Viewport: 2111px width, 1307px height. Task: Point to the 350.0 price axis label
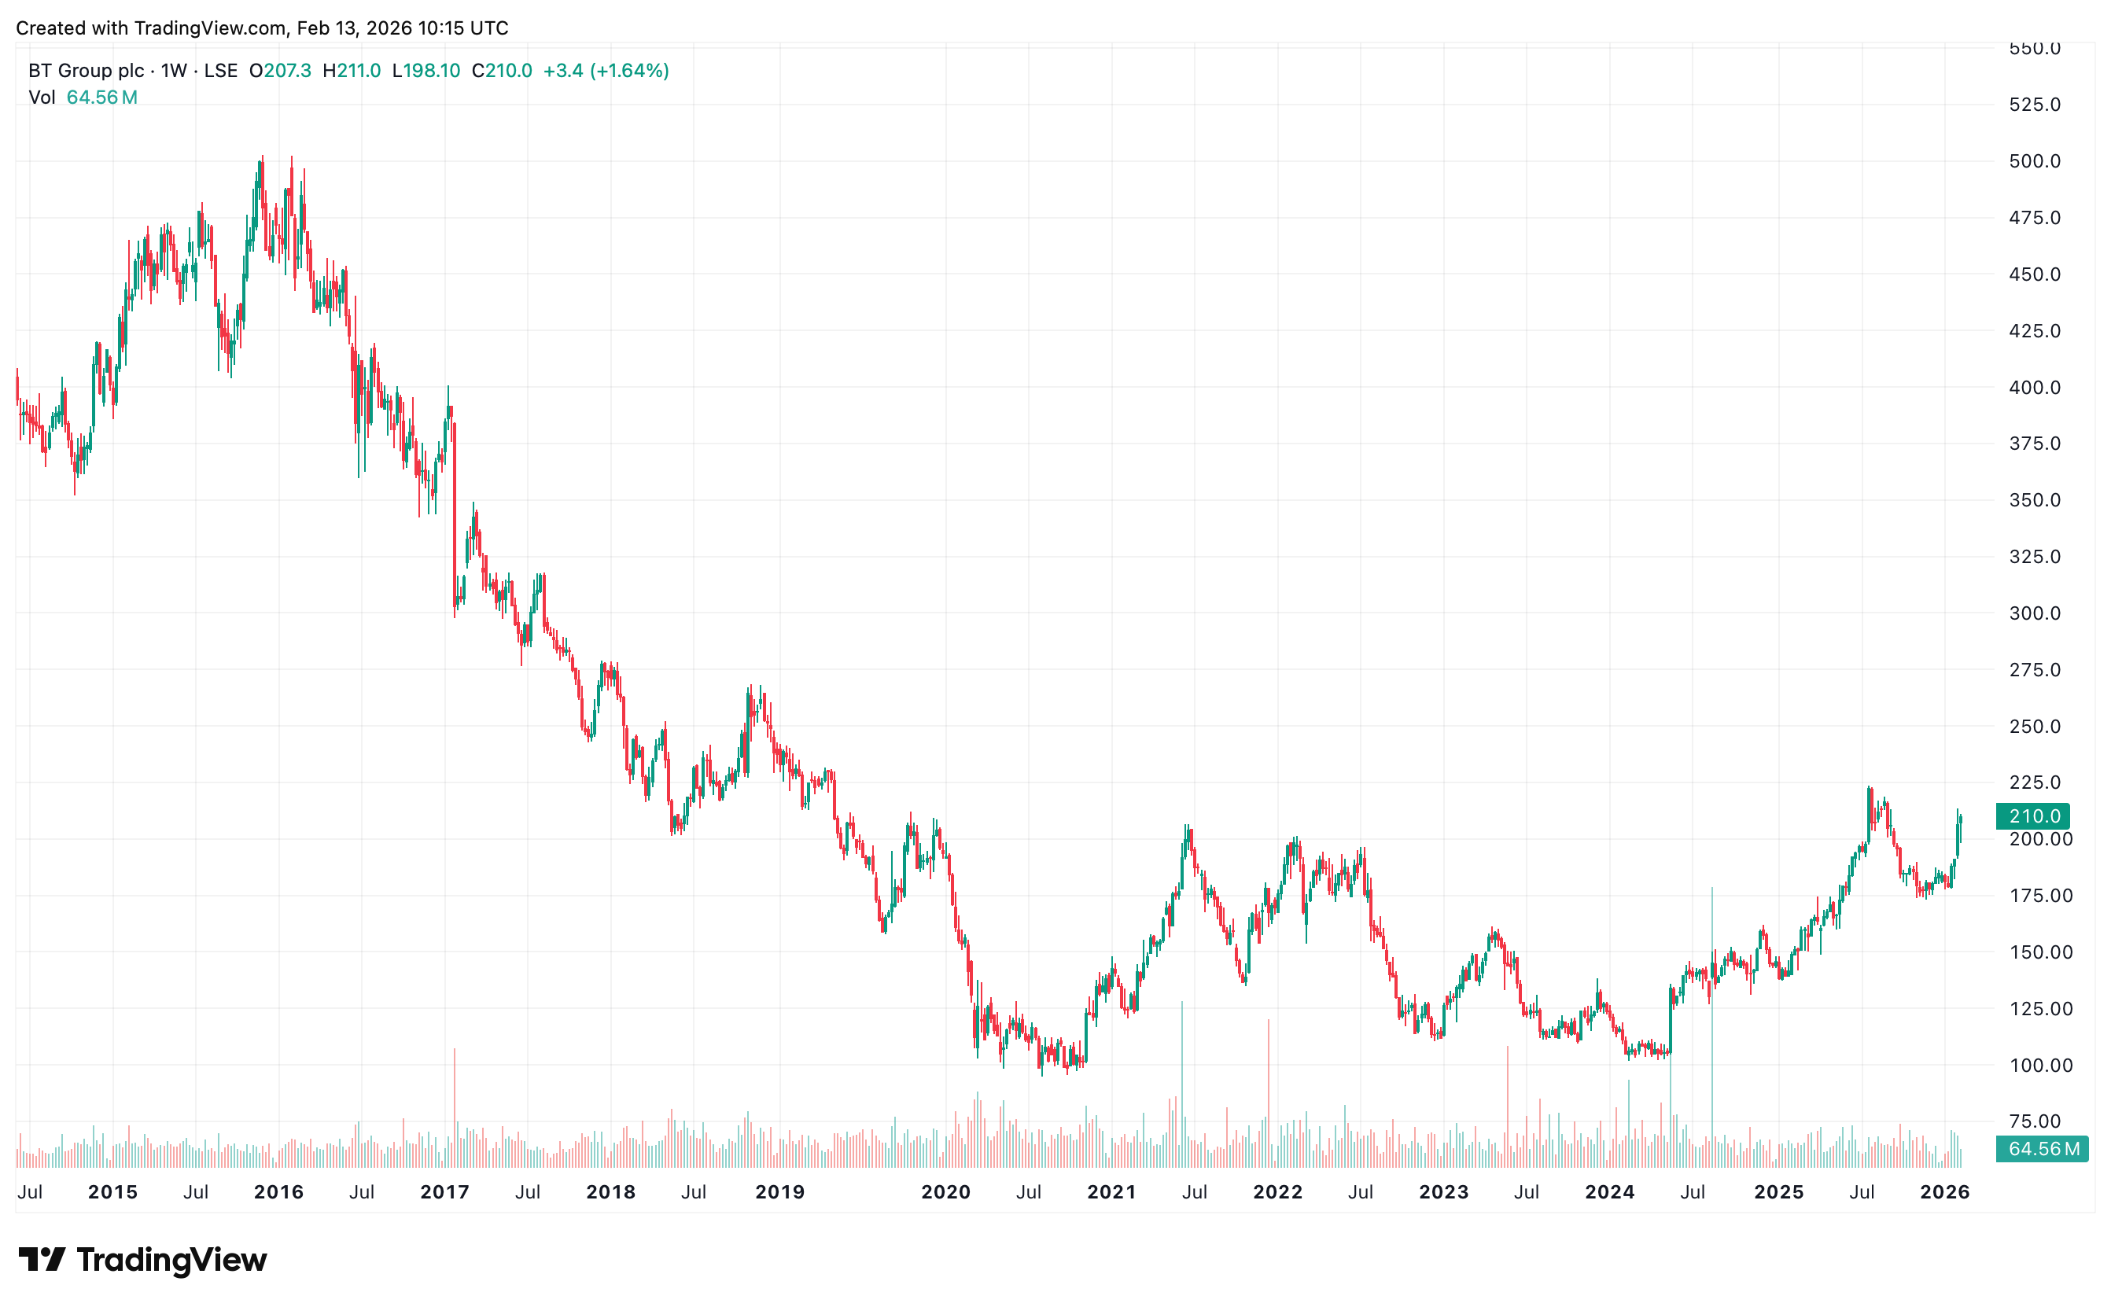[2034, 500]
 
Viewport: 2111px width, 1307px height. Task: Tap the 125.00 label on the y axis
[2040, 1009]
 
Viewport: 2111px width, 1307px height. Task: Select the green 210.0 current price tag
[2034, 816]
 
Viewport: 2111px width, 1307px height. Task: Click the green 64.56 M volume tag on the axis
[2043, 1149]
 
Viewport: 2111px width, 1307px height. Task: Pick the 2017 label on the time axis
[444, 1192]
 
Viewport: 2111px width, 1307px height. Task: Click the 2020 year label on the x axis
[945, 1192]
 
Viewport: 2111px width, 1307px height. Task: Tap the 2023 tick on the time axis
[1443, 1192]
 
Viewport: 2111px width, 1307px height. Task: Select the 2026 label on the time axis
[1945, 1192]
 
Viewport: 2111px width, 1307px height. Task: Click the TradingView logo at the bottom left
[142, 1260]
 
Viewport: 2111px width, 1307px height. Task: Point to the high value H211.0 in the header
[352, 71]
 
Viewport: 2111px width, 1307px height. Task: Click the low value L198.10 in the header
[426, 71]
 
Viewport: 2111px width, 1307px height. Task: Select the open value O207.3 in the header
[280, 71]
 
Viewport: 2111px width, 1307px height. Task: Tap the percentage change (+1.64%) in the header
[629, 71]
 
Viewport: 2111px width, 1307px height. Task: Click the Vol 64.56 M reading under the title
[83, 98]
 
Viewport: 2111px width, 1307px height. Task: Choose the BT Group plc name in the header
[87, 71]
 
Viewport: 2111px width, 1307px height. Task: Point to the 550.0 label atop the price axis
[2034, 50]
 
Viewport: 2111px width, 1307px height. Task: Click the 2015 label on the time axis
[112, 1192]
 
